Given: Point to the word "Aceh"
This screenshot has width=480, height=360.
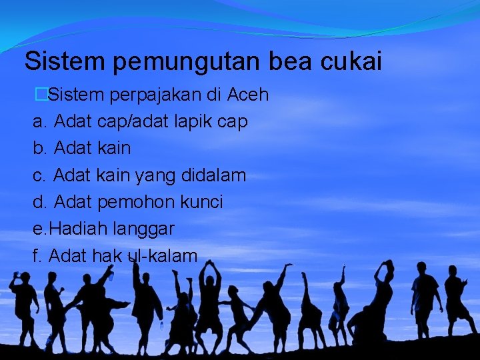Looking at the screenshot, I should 248,95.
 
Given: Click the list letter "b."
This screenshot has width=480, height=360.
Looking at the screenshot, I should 40,149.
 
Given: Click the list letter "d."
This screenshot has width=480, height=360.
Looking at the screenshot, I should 40,202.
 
